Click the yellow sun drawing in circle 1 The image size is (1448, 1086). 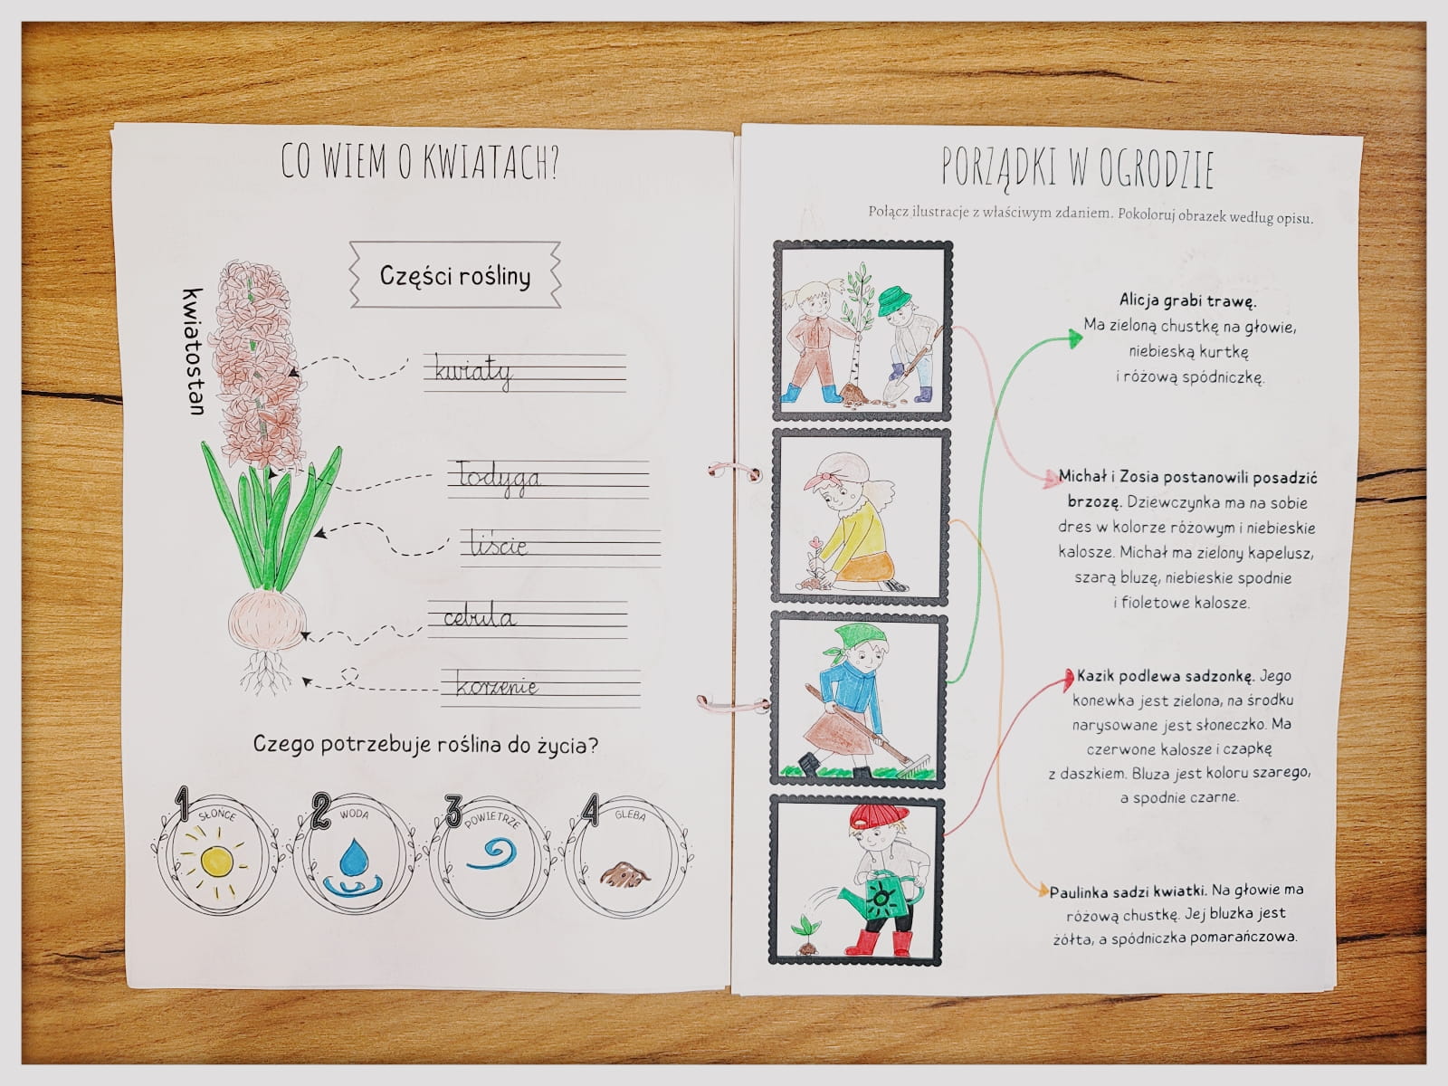215,861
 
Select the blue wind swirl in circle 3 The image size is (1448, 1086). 492,853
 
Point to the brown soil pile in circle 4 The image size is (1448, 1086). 624,874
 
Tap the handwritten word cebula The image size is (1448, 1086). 480,618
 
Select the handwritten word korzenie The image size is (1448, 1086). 497,687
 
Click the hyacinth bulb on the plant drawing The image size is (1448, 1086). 267,620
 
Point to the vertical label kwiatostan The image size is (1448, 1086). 194,351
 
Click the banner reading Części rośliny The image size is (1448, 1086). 455,275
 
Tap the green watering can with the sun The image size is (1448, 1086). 875,895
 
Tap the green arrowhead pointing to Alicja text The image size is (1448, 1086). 1074,338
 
